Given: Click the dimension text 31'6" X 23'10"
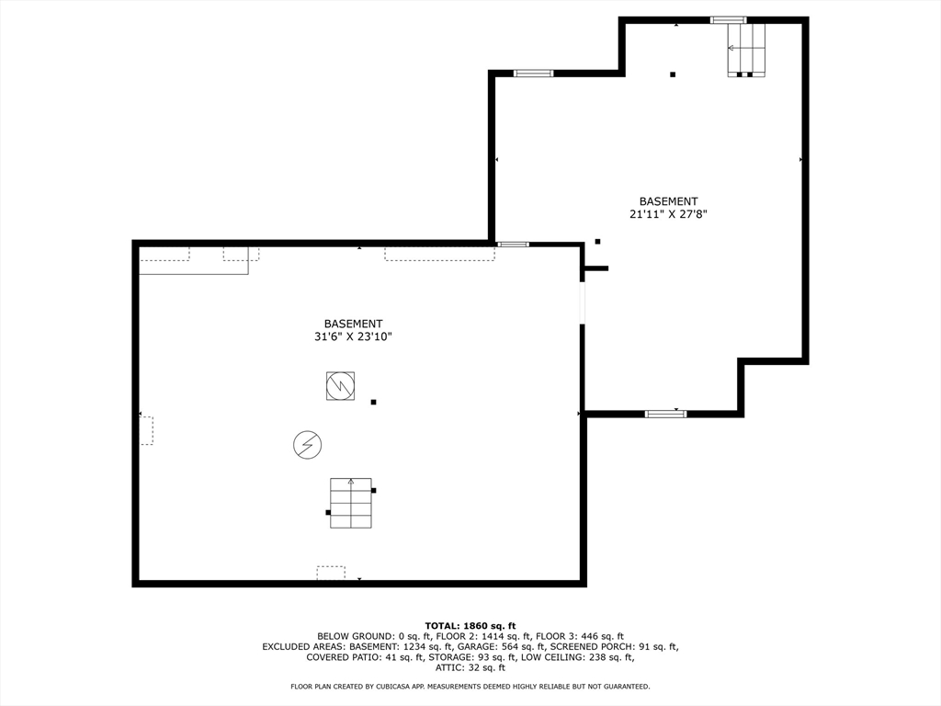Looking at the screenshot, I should click(x=353, y=337).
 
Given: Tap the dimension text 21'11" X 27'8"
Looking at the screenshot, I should click(x=668, y=214).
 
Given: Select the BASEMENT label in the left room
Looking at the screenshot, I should click(x=353, y=324).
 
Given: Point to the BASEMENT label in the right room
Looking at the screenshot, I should click(x=668, y=201).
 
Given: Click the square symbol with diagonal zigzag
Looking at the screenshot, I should click(x=340, y=385).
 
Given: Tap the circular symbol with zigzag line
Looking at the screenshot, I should click(x=308, y=445).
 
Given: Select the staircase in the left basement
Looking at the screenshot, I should click(x=351, y=504).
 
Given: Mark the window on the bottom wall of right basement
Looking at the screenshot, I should click(x=665, y=414).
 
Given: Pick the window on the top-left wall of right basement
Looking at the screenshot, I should click(x=533, y=73).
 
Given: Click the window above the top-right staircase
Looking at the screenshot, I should click(x=728, y=19).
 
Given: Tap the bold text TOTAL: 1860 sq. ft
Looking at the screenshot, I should click(x=470, y=625).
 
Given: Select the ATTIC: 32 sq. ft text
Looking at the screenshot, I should click(x=470, y=667).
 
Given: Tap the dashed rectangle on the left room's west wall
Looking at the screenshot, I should click(x=146, y=430).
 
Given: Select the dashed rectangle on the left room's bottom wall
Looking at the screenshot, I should click(x=331, y=573).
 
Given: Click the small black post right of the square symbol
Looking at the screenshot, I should click(x=373, y=402).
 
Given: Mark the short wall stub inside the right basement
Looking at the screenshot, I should click(x=596, y=268).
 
